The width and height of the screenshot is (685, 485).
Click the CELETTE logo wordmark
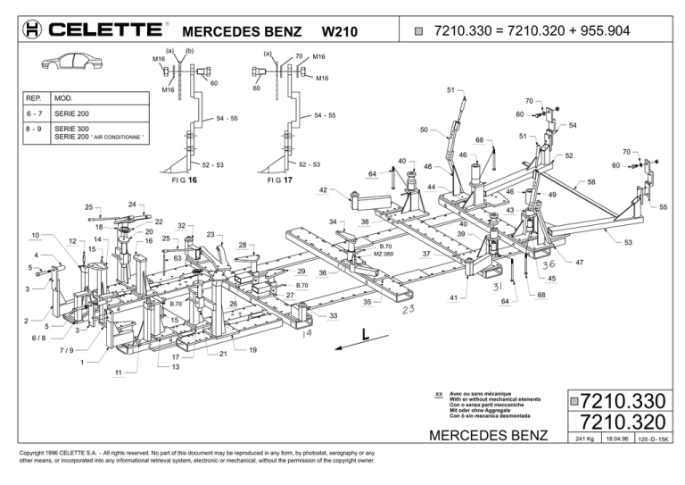pyautogui.click(x=105, y=29)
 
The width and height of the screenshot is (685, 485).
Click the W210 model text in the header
pyautogui.click(x=340, y=31)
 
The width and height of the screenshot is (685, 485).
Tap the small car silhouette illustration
pyautogui.click(x=71, y=62)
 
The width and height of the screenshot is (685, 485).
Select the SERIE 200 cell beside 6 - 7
pyautogui.click(x=71, y=113)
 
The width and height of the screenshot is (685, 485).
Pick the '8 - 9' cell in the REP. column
pyautogui.click(x=34, y=129)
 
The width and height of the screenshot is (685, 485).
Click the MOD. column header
pyautogui.click(x=63, y=98)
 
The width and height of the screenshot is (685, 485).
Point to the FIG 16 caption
pyautogui.click(x=185, y=180)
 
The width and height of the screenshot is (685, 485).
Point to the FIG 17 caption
pyautogui.click(x=279, y=180)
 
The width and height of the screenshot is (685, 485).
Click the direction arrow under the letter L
pyautogui.click(x=362, y=342)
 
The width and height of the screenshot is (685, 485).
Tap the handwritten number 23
pyautogui.click(x=408, y=309)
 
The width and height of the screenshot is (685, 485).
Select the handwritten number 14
pyautogui.click(x=307, y=333)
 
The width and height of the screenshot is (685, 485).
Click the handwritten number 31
pyautogui.click(x=498, y=287)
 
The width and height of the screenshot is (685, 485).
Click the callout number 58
pyautogui.click(x=591, y=182)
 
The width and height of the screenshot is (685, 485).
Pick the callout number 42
pyautogui.click(x=323, y=190)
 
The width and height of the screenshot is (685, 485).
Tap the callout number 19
pyautogui.click(x=253, y=350)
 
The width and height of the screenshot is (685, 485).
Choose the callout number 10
pyautogui.click(x=36, y=235)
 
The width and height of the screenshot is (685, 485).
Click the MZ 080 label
pyautogui.click(x=384, y=254)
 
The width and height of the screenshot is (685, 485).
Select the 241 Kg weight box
pyautogui.click(x=584, y=439)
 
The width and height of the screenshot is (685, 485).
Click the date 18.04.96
pyautogui.click(x=617, y=439)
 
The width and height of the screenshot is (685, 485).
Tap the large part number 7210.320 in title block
pyautogui.click(x=623, y=422)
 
